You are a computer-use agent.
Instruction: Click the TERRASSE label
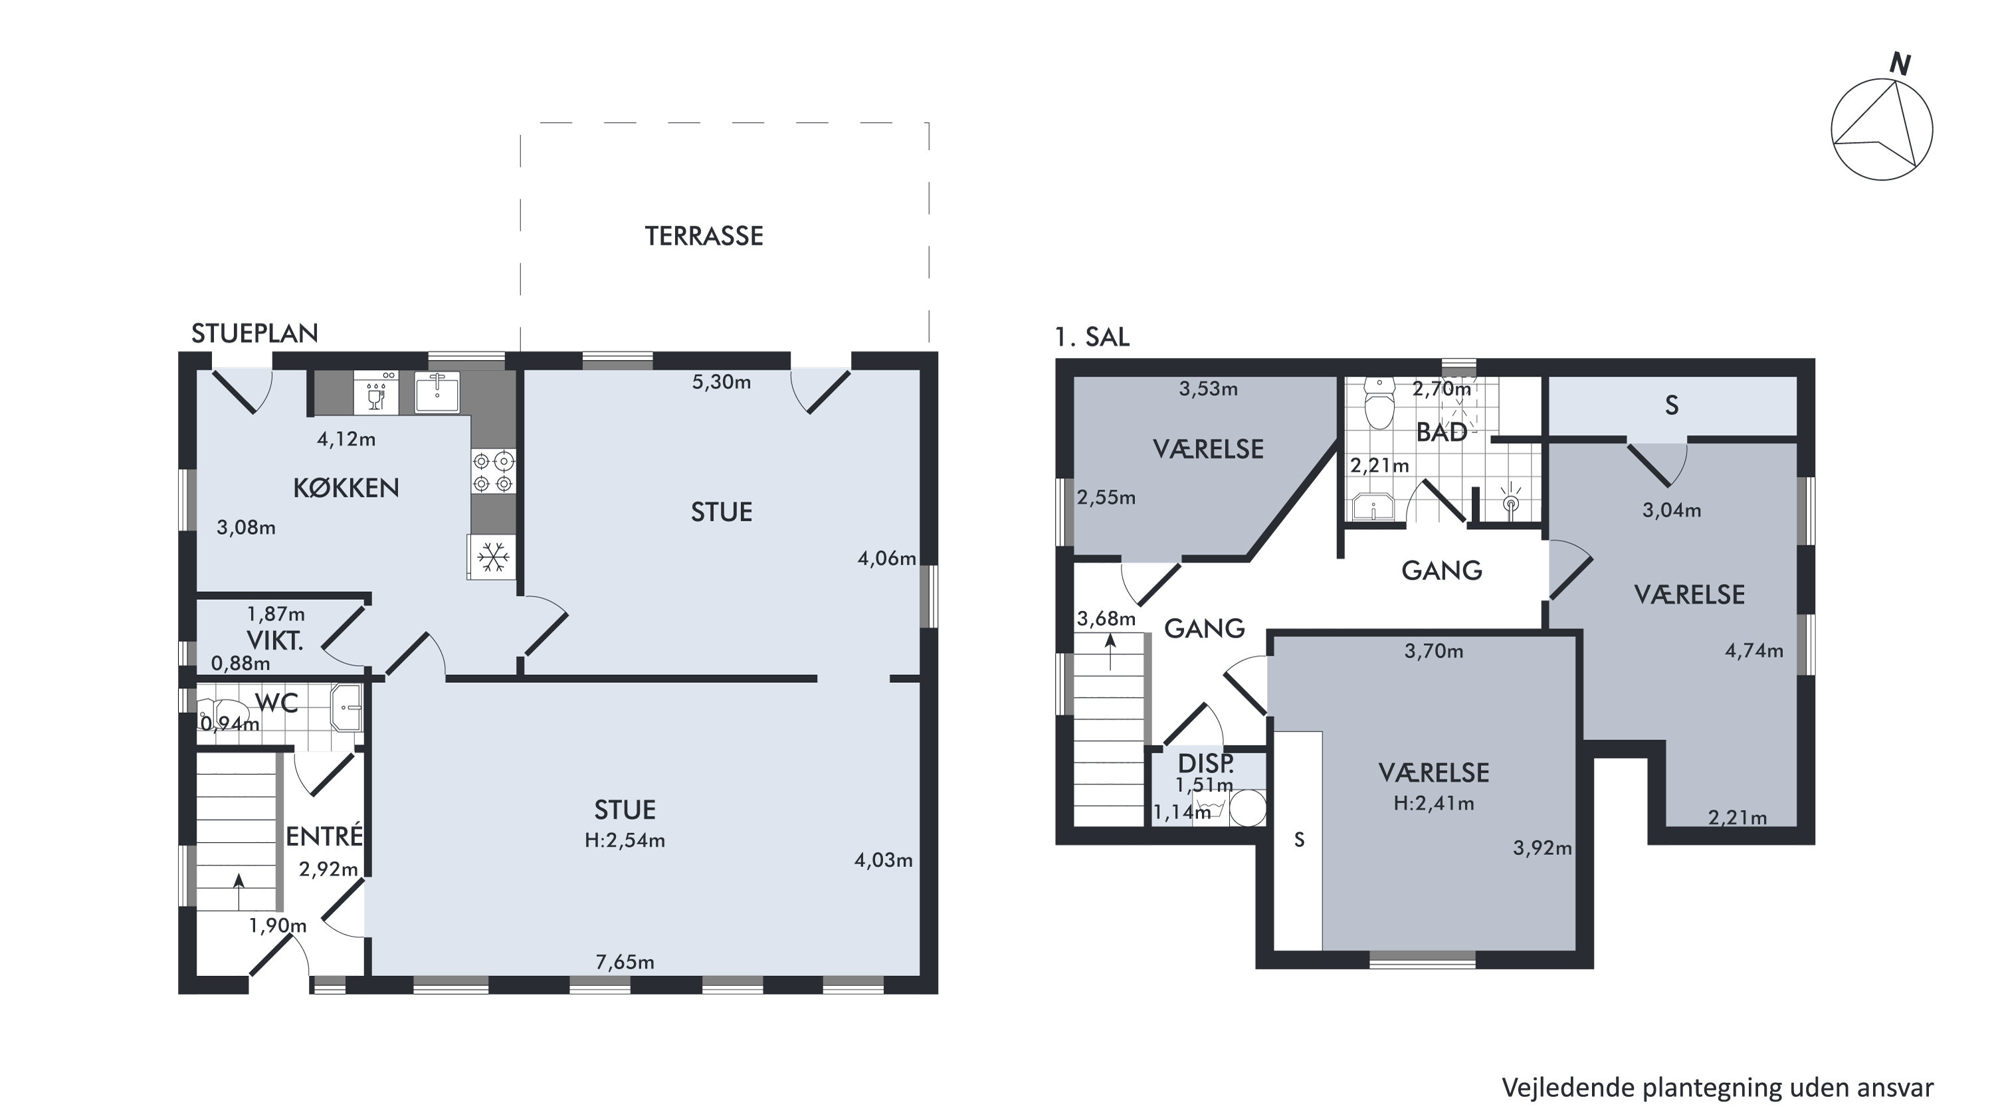point(704,236)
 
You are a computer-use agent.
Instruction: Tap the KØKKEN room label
point(346,488)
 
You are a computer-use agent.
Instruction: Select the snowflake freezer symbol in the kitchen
point(492,557)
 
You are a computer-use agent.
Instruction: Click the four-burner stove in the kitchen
point(492,472)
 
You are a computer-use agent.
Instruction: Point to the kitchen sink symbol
point(437,392)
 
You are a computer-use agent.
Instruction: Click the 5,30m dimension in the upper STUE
point(721,382)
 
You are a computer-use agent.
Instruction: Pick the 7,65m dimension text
point(625,963)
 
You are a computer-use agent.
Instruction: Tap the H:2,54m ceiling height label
point(625,840)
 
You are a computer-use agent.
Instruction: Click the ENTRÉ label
point(324,836)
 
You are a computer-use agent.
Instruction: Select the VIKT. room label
point(274,641)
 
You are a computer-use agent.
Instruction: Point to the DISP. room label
point(1205,764)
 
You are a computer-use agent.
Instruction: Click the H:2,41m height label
point(1434,804)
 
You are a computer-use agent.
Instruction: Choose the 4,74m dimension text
point(1754,651)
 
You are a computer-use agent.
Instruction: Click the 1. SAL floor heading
point(1092,337)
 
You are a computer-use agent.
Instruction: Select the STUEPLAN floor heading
point(254,333)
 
